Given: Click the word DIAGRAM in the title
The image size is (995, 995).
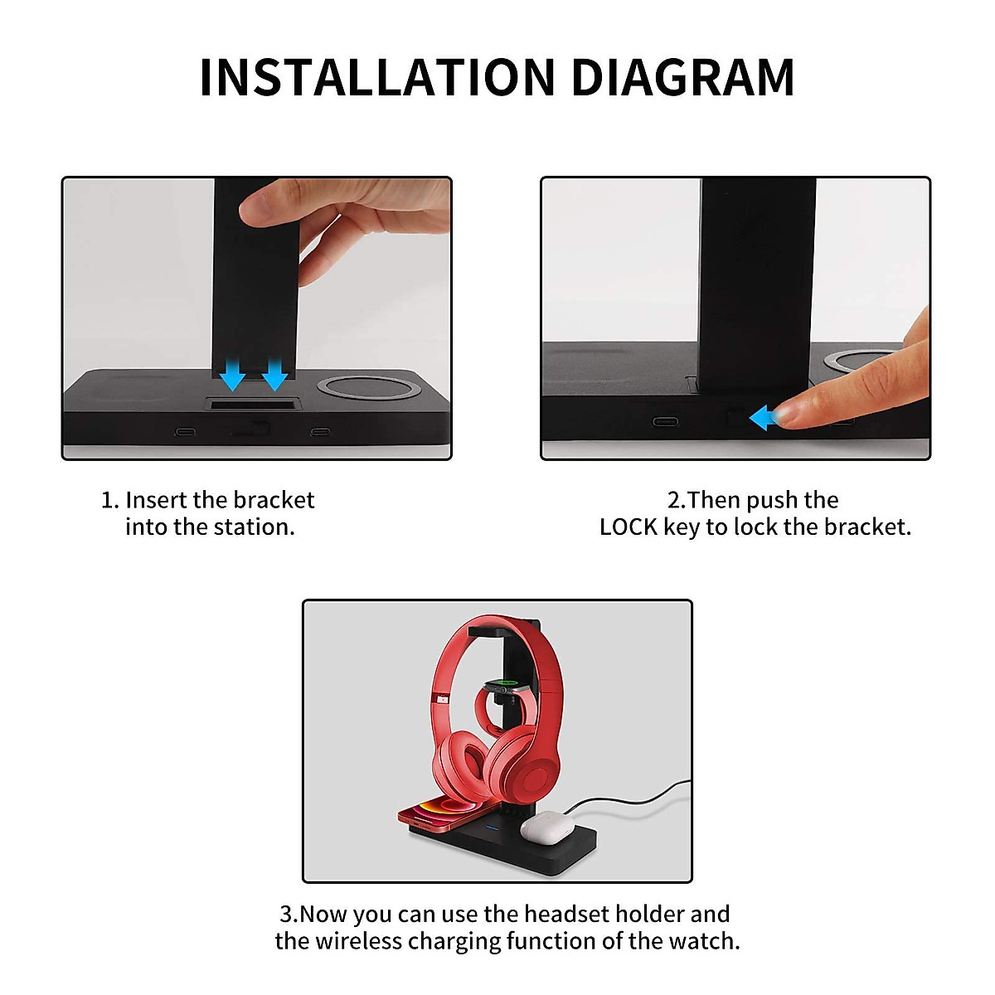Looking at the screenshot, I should [682, 78].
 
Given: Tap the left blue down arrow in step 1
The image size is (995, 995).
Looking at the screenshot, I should [233, 375].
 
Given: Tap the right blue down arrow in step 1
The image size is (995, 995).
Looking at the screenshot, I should [274, 375].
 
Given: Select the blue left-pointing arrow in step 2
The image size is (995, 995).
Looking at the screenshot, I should [764, 418].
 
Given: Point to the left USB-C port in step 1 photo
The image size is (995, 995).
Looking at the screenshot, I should [185, 432].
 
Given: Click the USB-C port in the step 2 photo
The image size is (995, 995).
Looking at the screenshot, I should [664, 421].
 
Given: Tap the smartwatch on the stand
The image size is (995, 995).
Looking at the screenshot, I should [502, 687].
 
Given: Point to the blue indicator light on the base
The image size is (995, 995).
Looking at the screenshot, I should [492, 827].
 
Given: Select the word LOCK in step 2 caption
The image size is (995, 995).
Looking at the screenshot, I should [629, 527].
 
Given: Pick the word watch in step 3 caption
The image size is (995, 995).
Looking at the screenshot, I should [709, 942].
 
